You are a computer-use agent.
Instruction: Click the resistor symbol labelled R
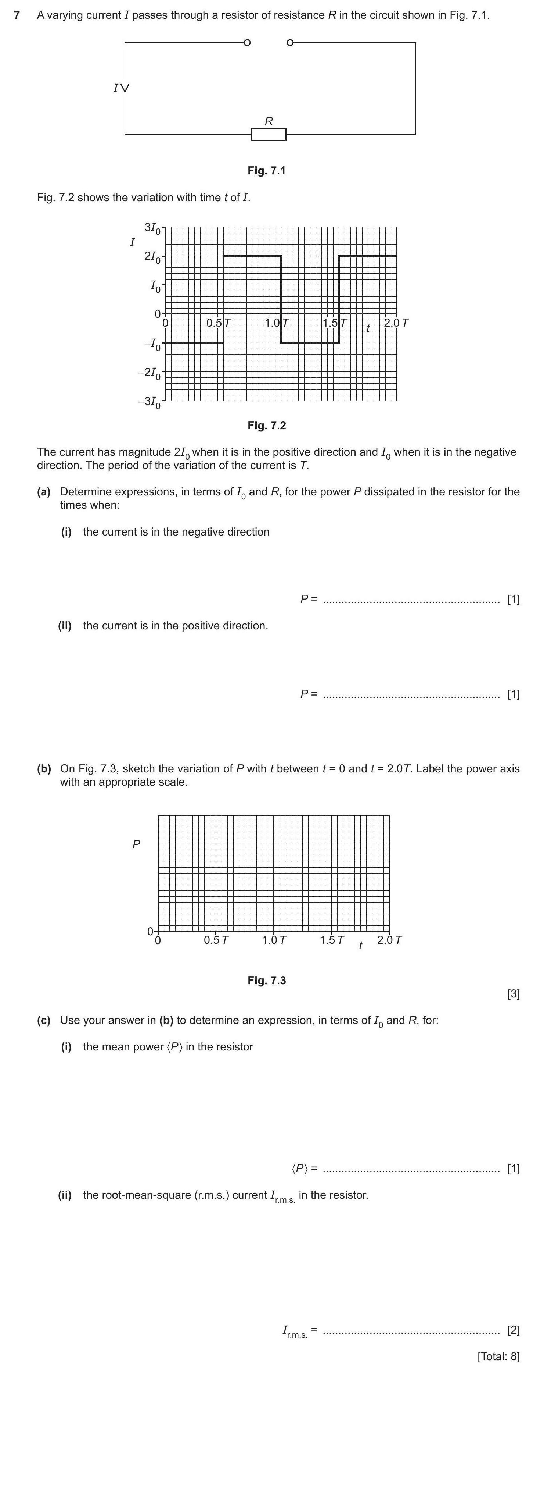pyautogui.click(x=269, y=135)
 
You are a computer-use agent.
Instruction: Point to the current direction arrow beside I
pyautogui.click(x=125, y=88)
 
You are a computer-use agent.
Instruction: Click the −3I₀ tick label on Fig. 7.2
pyautogui.click(x=149, y=402)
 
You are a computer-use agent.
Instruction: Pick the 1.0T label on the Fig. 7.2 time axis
pyautogui.click(x=277, y=323)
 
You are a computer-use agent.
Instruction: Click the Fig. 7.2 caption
pyautogui.click(x=267, y=425)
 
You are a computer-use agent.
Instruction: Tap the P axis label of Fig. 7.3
pyautogui.click(x=136, y=844)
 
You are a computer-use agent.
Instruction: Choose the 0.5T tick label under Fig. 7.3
pyautogui.click(x=216, y=940)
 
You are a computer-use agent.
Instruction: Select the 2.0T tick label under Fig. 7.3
pyautogui.click(x=390, y=940)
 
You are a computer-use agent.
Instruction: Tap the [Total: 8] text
pyautogui.click(x=498, y=1356)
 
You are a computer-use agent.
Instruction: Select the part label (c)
pyautogui.click(x=44, y=1020)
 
